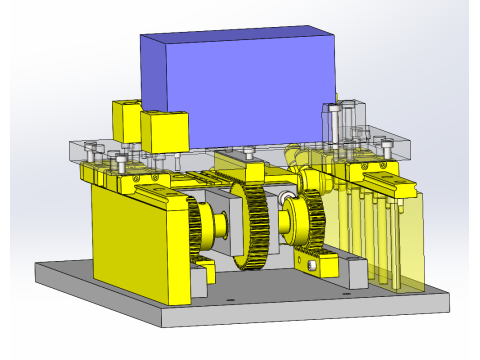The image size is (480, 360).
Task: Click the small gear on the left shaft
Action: (222, 232)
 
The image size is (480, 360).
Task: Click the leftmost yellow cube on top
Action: (128, 120)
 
